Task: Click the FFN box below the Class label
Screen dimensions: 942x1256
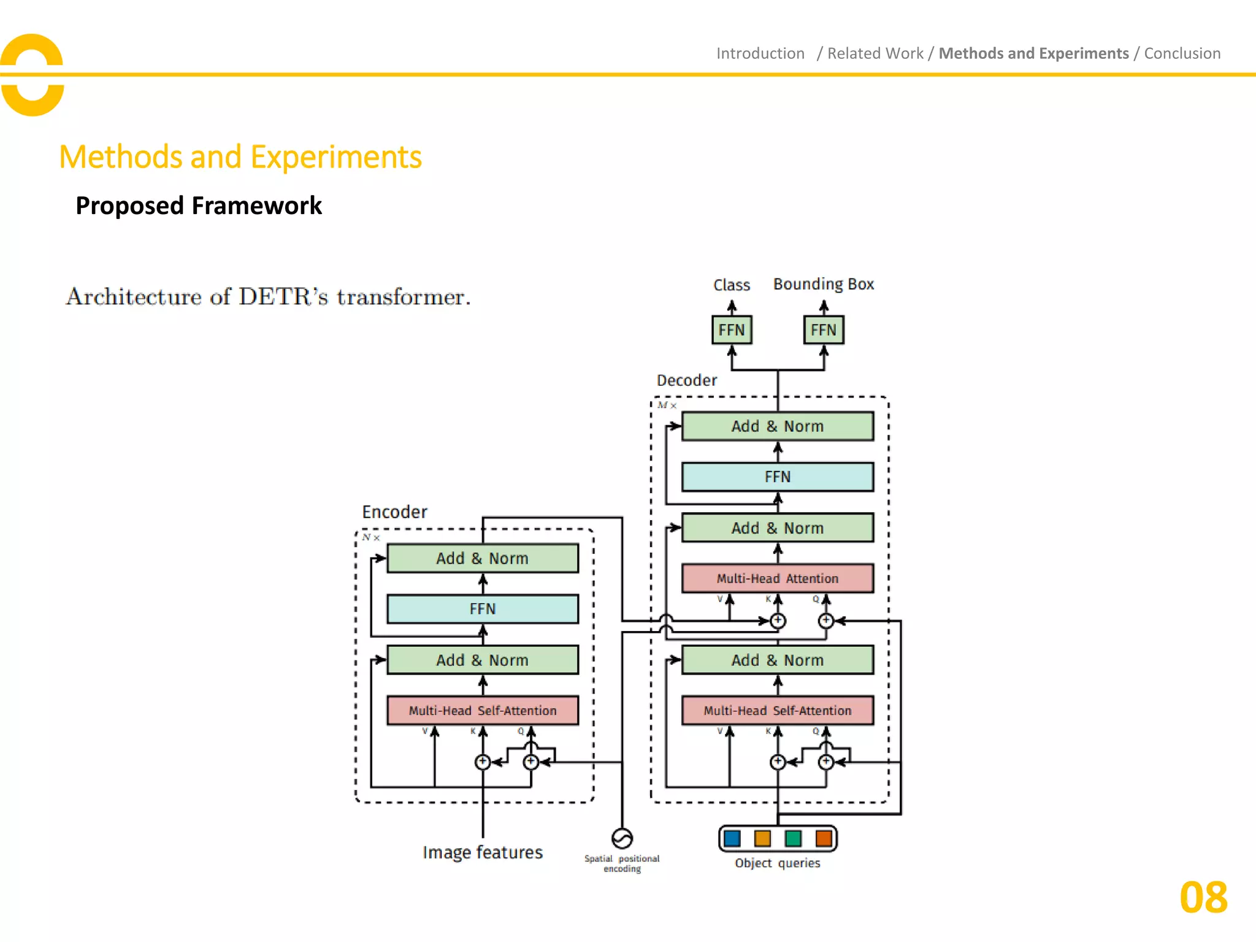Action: coord(731,330)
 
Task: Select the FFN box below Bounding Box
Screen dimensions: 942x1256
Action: coord(823,330)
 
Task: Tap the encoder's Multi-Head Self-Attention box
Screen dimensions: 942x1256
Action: coord(483,710)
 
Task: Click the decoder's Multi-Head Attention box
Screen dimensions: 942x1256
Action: coord(777,578)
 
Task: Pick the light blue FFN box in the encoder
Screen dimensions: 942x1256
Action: coord(483,609)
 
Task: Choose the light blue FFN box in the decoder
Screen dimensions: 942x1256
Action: coord(777,477)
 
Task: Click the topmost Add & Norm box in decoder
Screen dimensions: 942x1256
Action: coord(777,426)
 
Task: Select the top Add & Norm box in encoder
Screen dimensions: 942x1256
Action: coord(483,558)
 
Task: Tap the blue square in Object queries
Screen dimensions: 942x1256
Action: coord(732,838)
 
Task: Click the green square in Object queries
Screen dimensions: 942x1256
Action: coord(793,838)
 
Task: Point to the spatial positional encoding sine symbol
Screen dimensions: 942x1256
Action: coord(622,838)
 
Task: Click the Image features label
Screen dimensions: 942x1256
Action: coord(483,852)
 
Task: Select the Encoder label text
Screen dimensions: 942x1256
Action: coord(394,512)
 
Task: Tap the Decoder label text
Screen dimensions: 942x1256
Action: coord(686,380)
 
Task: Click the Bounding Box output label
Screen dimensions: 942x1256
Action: coord(823,284)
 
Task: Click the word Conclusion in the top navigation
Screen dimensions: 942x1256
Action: coord(1182,53)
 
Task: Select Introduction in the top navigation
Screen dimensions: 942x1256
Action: coord(760,53)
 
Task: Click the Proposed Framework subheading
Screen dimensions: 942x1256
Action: coord(198,205)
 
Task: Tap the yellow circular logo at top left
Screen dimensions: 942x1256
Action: coord(32,75)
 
